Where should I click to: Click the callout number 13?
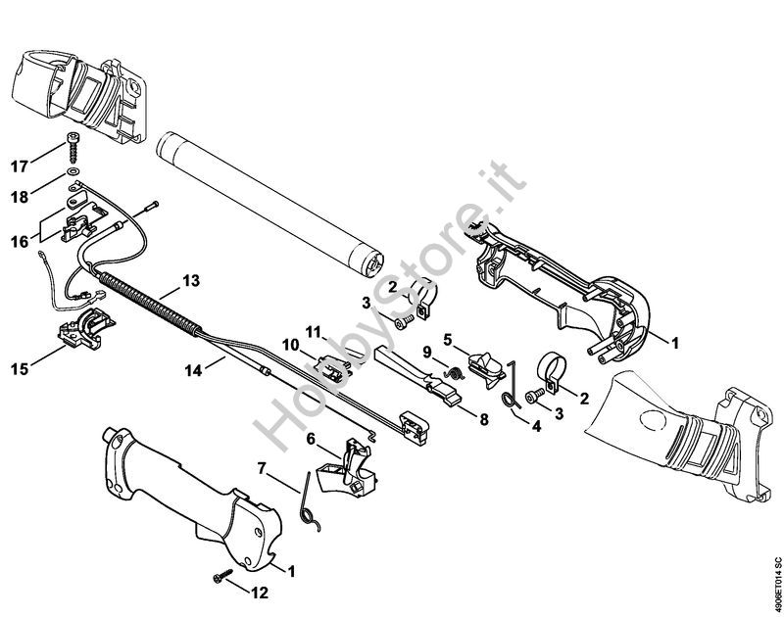190,281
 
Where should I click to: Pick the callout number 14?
194,370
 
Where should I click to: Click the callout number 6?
310,438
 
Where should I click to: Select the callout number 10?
291,344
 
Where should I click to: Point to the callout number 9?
427,352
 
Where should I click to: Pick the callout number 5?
448,340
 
